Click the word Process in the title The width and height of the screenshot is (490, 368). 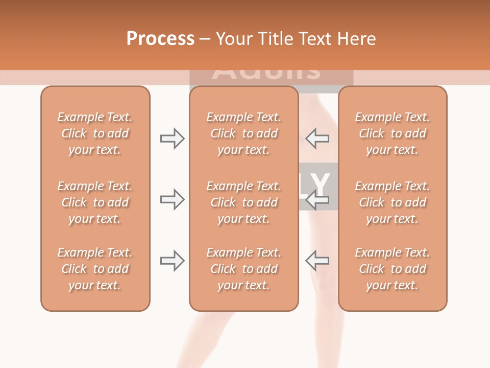click(160, 39)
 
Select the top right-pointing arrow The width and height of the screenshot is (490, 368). click(172, 139)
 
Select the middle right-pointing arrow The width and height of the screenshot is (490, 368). click(172, 199)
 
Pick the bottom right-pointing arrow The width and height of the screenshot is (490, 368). click(172, 261)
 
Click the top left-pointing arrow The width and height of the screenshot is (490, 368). click(317, 139)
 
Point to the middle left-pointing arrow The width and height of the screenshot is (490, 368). click(317, 200)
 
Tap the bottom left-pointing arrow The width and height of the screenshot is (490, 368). click(317, 261)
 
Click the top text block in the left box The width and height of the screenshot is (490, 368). click(95, 133)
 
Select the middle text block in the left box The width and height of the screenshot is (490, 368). click(95, 202)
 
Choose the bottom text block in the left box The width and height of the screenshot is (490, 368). click(95, 269)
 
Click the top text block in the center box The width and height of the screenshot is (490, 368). click(243, 133)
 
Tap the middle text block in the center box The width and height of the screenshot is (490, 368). click(243, 202)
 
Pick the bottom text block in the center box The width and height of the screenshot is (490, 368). click(243, 269)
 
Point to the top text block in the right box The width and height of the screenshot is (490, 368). click(392, 133)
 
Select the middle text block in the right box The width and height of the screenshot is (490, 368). click(392, 202)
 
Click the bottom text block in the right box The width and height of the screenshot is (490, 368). click(392, 269)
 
